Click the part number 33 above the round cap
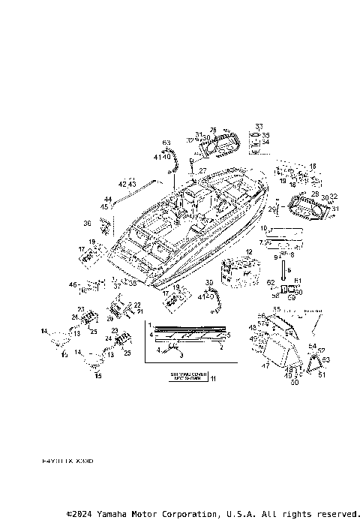[x=259, y=125]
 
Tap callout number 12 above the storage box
[x=248, y=252]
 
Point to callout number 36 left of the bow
[x=87, y=223]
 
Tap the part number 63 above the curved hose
[x=166, y=142]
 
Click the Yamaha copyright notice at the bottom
[x=212, y=514]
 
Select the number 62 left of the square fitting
[x=271, y=281]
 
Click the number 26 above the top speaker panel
[x=213, y=129]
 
